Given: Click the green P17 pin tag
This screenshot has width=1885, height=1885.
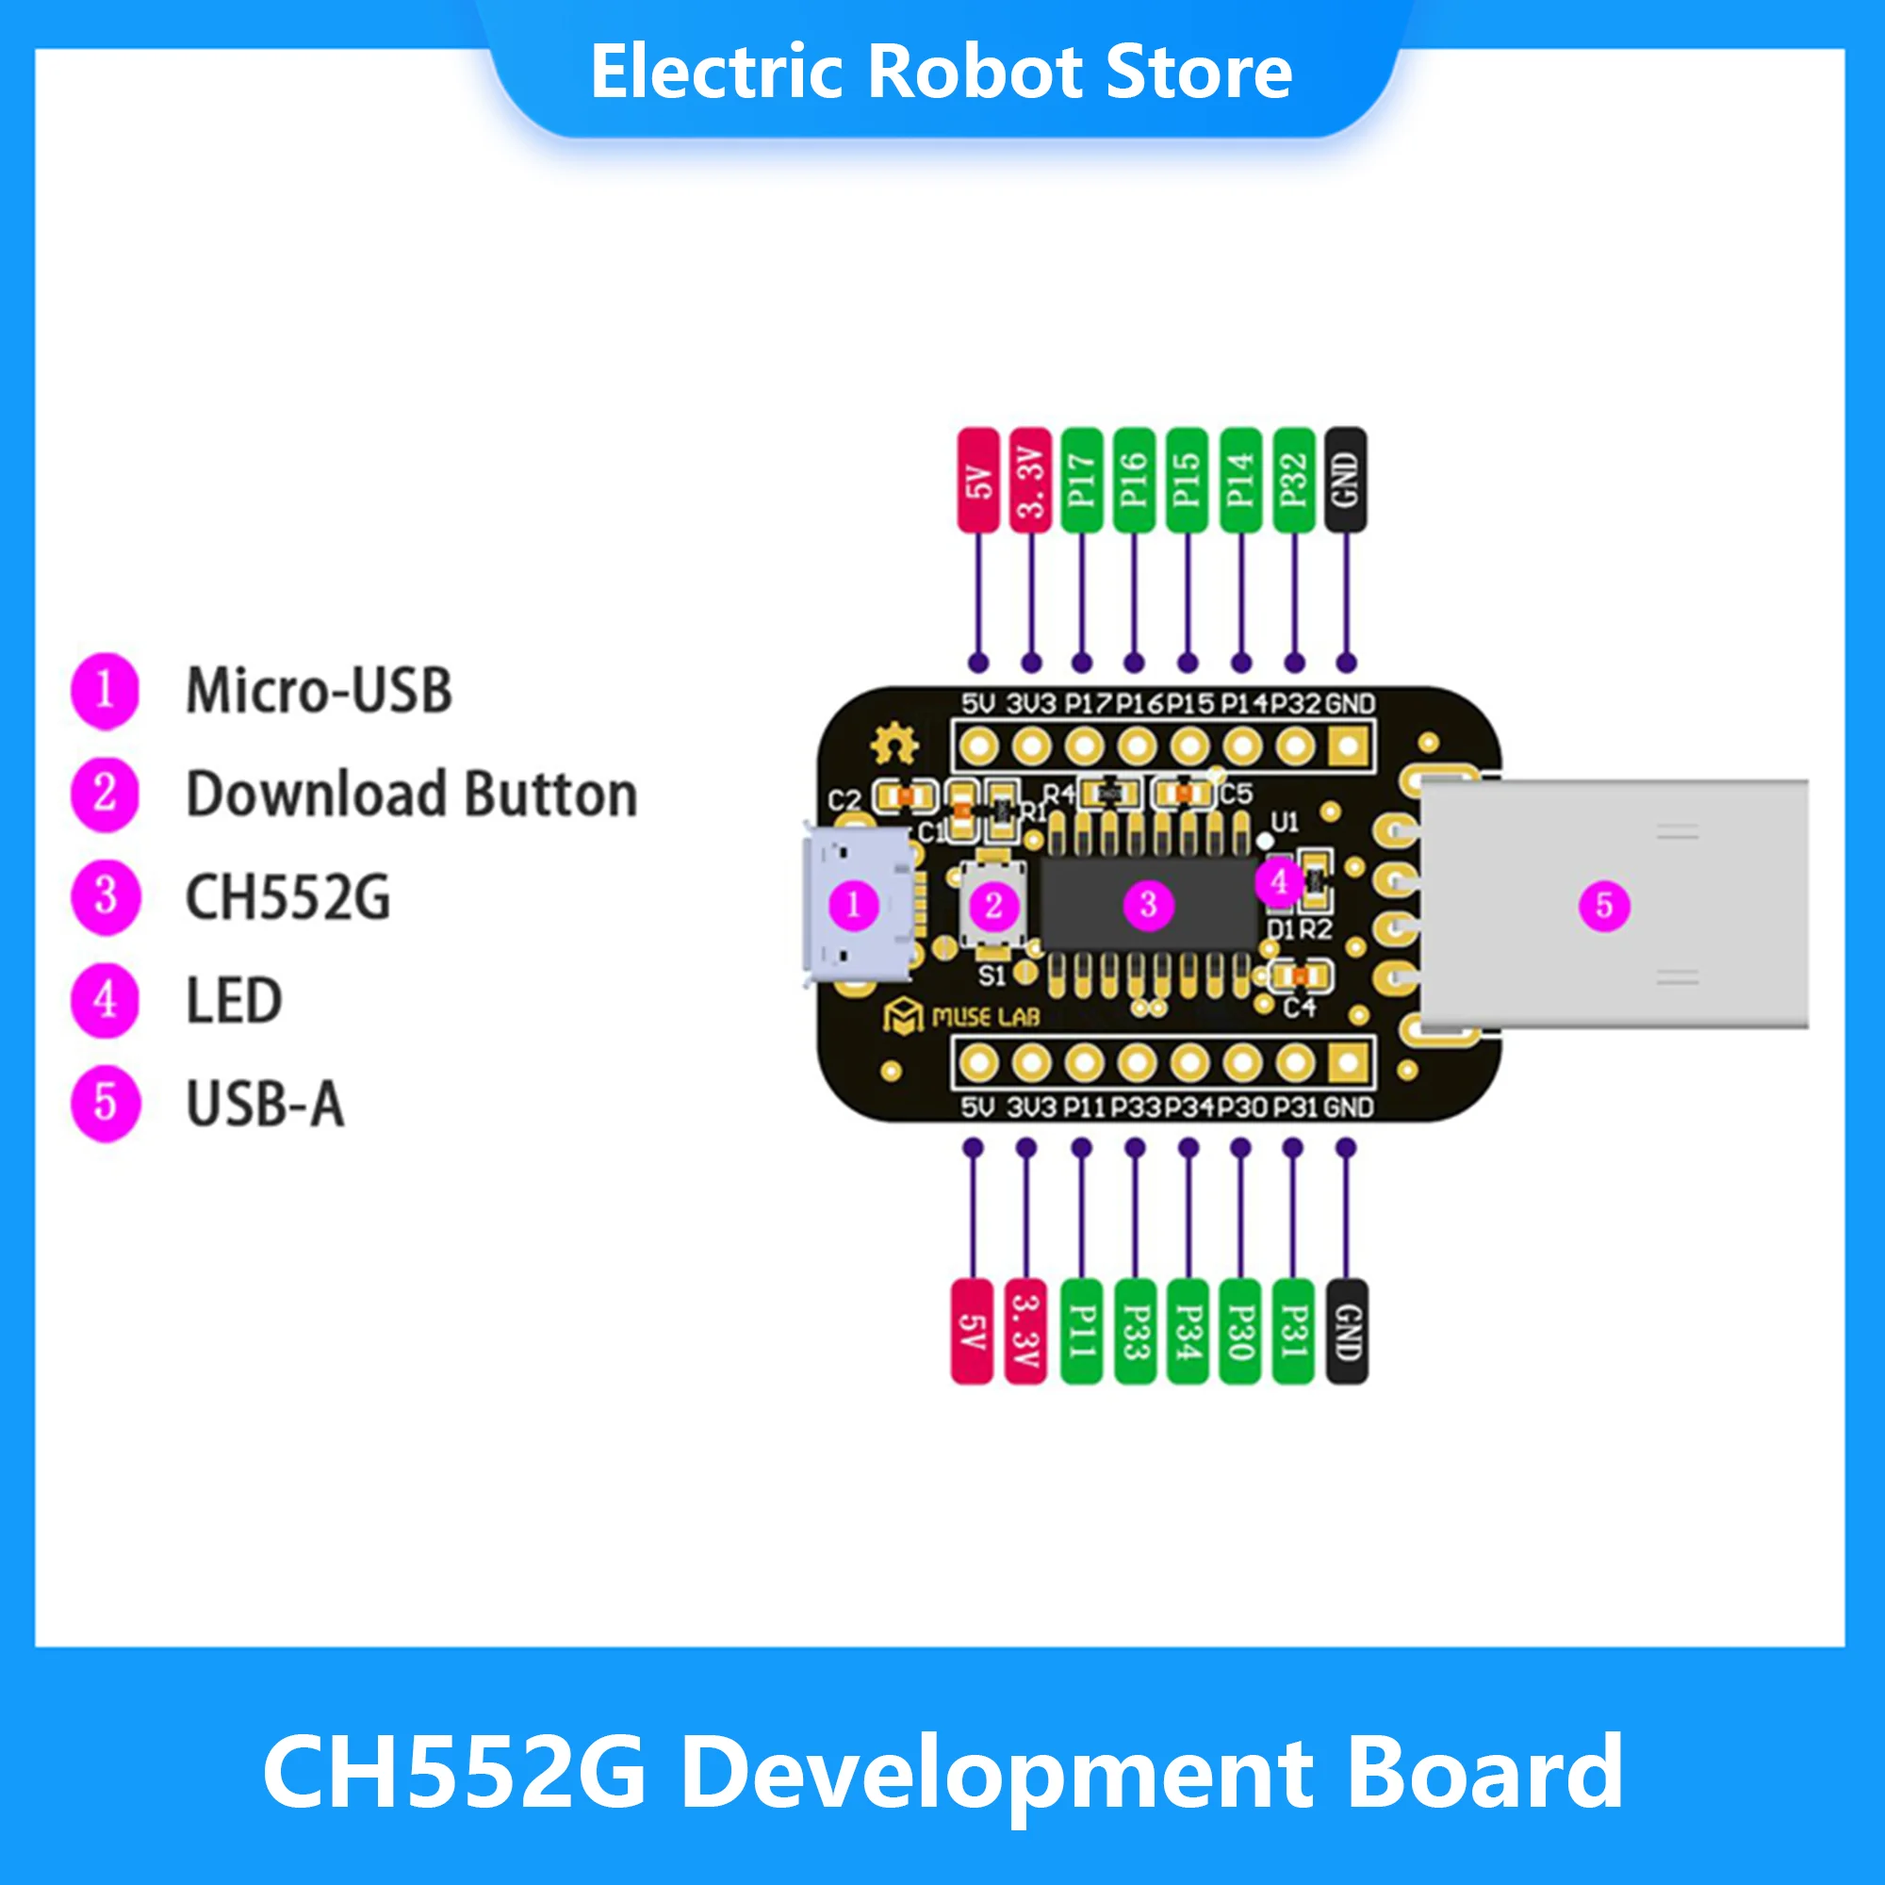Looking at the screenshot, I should (1081, 480).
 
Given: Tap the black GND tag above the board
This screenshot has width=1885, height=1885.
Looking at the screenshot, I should (1346, 480).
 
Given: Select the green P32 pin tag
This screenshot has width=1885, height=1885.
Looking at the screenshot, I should (1293, 480).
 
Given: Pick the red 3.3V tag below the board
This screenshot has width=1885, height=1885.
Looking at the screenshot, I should (1025, 1331).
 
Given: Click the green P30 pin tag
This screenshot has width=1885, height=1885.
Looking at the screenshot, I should (1239, 1331).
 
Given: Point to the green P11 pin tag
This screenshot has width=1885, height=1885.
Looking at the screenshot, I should (1081, 1331).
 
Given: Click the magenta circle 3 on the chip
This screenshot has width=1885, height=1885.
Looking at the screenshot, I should (1148, 905).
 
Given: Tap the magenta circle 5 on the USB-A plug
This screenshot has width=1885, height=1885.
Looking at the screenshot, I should (1604, 905).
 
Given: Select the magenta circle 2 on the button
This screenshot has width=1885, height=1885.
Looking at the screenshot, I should (993, 906).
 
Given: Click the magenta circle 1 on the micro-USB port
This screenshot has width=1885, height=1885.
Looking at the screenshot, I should (854, 906).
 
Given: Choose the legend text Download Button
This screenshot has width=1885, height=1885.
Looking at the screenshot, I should (412, 795).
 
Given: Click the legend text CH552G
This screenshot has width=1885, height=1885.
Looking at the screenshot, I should (287, 897).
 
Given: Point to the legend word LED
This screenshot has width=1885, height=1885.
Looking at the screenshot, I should (234, 1001).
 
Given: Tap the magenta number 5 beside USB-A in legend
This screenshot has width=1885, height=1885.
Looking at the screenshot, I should (106, 1105).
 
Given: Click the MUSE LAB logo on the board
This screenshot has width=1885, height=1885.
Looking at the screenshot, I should (961, 1017).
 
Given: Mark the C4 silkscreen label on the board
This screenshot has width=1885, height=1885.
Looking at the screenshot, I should (1299, 1006).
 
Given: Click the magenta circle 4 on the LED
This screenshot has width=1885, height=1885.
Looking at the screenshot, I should (1279, 881).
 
